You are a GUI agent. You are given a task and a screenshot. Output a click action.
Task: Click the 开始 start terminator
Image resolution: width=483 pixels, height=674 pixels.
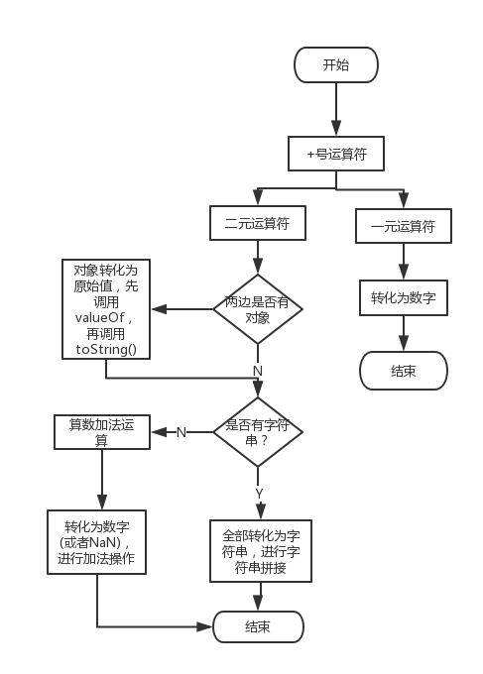pos(336,65)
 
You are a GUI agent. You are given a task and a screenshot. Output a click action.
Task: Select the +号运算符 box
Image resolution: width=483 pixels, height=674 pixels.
pos(336,154)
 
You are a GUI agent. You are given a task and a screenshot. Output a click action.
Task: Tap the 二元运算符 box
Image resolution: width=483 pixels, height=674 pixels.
pos(258,223)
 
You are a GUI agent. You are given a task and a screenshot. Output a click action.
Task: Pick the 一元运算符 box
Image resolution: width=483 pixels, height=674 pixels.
pos(403,226)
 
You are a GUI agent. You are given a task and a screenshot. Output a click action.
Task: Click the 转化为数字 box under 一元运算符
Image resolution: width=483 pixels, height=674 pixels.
pos(403,296)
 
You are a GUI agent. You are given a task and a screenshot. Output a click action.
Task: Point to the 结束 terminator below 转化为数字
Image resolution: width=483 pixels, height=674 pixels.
pos(403,372)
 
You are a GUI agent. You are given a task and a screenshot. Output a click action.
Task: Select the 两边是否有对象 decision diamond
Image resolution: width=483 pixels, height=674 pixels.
pos(258,309)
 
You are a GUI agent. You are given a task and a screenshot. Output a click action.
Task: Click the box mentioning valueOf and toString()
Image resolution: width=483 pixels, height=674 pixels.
pos(106,309)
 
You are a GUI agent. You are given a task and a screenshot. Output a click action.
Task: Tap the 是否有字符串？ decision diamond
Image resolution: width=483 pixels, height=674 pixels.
pos(258,431)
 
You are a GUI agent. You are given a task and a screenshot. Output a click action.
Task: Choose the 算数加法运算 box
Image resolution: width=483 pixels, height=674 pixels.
pos(102,431)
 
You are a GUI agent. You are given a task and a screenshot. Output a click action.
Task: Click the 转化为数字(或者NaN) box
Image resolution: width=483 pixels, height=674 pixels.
pos(97,541)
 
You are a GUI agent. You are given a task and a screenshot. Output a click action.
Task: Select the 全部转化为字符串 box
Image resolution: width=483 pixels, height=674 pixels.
pos(260,551)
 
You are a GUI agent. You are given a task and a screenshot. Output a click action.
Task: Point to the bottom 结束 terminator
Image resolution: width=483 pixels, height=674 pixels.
pos(258,626)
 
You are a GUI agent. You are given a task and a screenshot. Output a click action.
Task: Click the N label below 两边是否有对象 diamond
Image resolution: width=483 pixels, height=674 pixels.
pos(258,370)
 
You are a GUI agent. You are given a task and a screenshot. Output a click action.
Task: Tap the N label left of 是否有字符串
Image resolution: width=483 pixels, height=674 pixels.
pos(181,432)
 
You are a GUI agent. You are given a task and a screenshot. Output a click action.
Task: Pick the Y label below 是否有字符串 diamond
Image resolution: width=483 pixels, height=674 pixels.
pos(259,493)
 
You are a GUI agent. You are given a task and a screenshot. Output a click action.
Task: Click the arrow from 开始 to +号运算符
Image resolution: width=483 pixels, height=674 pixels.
pos(336,109)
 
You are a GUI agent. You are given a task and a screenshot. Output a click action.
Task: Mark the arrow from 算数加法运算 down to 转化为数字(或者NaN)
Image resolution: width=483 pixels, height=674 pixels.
pos(101,480)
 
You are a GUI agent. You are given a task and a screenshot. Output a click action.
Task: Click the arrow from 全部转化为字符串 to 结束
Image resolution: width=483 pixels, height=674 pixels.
pos(260,597)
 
